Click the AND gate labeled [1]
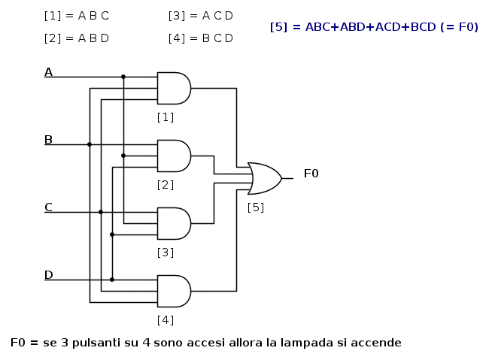tap(174, 88)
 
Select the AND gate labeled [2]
tap(174, 156)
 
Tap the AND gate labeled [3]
tap(174, 223)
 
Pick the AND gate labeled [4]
tap(174, 291)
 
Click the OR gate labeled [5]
tap(265, 178)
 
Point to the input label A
tap(48, 72)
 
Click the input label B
tap(48, 140)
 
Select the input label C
tap(48, 207)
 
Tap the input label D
tap(49, 275)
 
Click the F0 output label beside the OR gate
tap(311, 174)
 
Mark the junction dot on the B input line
tap(90, 144)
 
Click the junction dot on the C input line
tap(101, 212)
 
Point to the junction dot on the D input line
tap(112, 280)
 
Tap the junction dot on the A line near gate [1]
tap(123, 77)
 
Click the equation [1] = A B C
tap(77, 16)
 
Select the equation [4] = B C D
tap(201, 38)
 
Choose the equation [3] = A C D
tap(201, 16)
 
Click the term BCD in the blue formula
tap(424, 27)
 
